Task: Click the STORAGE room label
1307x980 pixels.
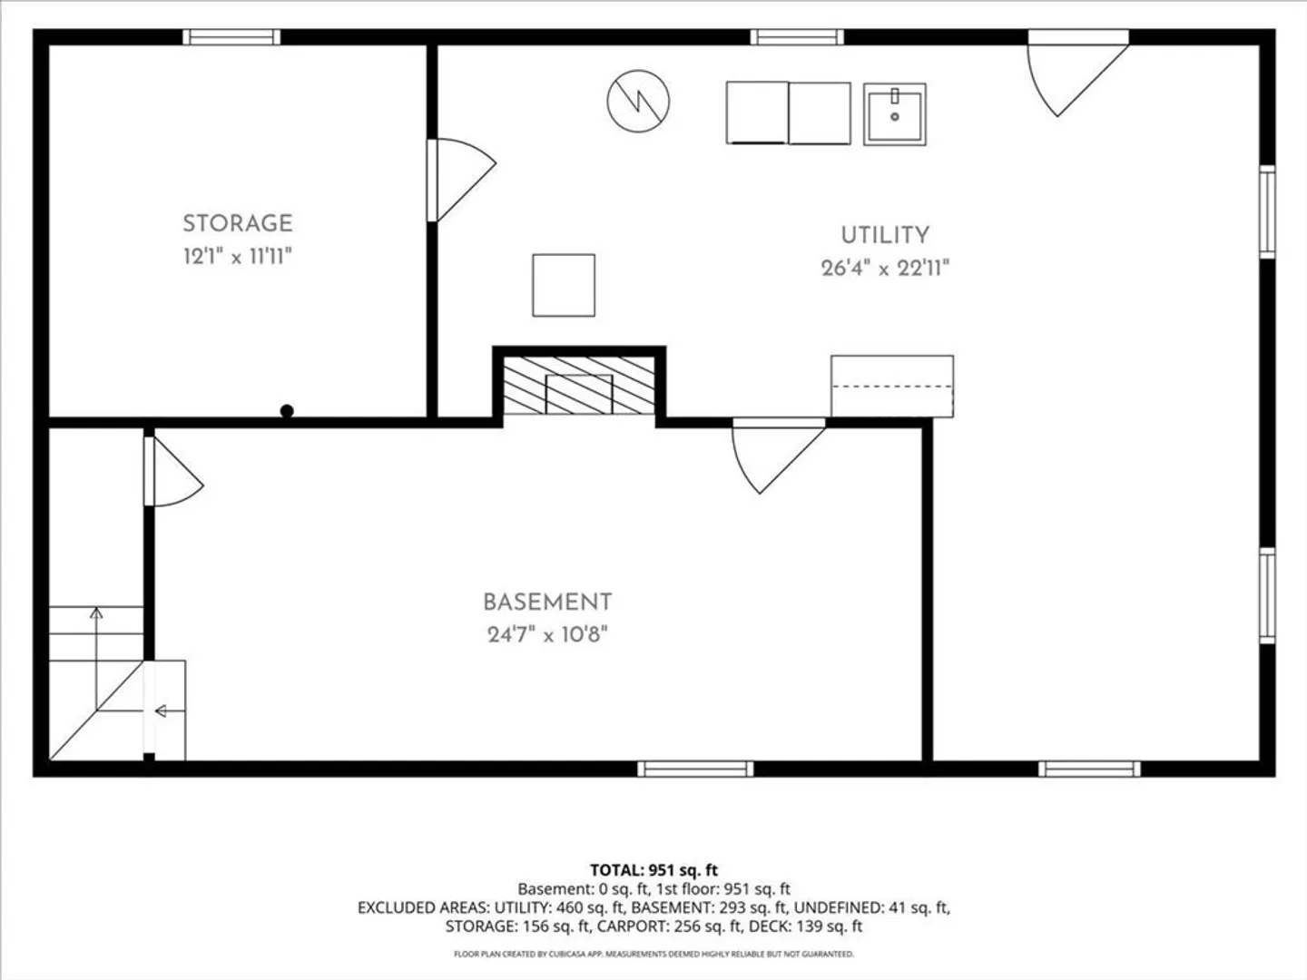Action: [238, 224]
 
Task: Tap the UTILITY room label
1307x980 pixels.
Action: [885, 235]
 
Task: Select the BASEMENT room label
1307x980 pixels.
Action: [547, 603]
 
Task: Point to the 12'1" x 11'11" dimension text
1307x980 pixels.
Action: [238, 257]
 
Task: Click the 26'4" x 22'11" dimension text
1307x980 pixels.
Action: [885, 269]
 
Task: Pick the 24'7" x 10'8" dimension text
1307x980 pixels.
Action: [547, 635]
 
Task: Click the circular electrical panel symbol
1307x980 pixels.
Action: [638, 101]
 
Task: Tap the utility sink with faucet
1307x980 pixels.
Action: [894, 114]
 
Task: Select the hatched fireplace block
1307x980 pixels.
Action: [579, 386]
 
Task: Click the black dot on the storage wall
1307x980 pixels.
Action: [287, 410]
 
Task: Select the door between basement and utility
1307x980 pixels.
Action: [778, 456]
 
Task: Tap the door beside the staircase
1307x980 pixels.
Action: [172, 471]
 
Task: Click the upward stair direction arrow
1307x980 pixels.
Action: [96, 659]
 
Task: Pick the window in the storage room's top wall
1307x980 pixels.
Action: [231, 37]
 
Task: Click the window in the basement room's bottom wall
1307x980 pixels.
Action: [695, 769]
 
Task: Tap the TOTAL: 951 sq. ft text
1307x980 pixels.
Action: [653, 870]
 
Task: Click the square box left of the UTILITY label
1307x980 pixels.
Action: [564, 285]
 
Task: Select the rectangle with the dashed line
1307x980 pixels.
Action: [892, 387]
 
